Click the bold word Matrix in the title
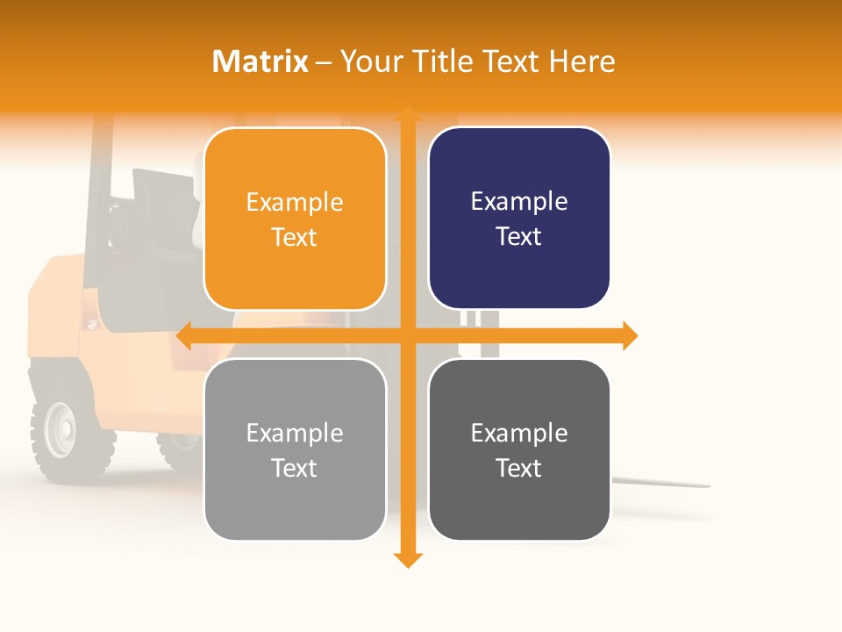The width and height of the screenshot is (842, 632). tap(260, 61)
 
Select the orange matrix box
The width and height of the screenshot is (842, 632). tap(295, 219)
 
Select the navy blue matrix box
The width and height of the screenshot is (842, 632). tap(519, 218)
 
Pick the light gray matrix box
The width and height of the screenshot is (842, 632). tap(295, 449)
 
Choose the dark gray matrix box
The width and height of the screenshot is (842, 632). tap(519, 449)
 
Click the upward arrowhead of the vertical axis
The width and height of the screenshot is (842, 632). tap(407, 115)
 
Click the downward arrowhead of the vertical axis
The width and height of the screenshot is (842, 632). tap(407, 560)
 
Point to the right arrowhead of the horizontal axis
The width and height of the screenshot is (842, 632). tap(630, 335)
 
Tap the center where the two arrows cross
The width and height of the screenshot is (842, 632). tap(407, 335)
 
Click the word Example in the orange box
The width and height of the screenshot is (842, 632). tap(295, 203)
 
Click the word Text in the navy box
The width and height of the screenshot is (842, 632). tap(519, 236)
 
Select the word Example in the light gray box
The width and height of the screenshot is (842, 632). tap(295, 433)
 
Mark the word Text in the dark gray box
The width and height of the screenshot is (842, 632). tap(519, 468)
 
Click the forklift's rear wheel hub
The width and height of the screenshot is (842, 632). tap(61, 429)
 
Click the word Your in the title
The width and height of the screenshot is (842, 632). tap(368, 61)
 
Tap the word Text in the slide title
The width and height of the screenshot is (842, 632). tap(510, 61)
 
